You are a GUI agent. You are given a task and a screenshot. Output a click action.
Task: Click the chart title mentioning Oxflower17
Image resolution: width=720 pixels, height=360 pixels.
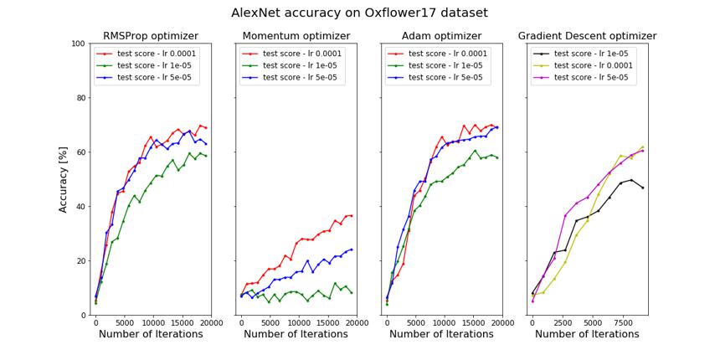coord(359,13)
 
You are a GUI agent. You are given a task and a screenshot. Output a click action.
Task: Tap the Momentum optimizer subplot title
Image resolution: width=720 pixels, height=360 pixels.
coord(296,36)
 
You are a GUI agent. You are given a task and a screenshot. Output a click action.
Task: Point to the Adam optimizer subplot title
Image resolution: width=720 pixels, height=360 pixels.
coord(441,36)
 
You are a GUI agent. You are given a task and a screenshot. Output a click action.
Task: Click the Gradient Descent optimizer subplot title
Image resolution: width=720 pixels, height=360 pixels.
coord(587,36)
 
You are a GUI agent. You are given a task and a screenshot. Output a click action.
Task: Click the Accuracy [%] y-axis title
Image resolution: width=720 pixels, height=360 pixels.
coord(64,179)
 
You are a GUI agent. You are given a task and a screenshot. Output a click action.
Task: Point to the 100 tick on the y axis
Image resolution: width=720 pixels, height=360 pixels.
coord(79,44)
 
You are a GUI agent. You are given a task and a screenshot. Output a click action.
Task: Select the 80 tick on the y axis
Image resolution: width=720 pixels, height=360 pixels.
coord(80,98)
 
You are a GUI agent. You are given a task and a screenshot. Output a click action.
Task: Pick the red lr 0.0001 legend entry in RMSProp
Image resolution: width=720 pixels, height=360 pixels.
coord(148,54)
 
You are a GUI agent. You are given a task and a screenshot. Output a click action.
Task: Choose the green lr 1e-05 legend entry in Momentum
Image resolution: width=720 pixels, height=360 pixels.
coord(289,65)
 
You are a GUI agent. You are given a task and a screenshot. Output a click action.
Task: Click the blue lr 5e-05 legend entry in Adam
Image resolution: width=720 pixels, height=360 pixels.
coord(435,78)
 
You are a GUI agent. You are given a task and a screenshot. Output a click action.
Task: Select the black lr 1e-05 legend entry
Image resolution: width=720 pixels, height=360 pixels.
coord(580,54)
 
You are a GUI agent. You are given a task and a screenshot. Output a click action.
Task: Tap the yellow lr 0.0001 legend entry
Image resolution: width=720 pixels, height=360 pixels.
coord(582,65)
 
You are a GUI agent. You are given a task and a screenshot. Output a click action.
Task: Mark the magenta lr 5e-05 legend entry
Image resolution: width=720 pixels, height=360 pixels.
coord(580,78)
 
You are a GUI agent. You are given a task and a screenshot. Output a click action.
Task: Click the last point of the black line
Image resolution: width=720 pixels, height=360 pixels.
coord(642,188)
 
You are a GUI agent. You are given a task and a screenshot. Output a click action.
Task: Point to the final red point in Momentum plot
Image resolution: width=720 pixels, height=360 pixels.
coord(352,215)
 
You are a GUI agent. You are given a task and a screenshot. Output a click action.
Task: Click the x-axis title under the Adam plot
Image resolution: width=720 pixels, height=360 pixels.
coord(441,334)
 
